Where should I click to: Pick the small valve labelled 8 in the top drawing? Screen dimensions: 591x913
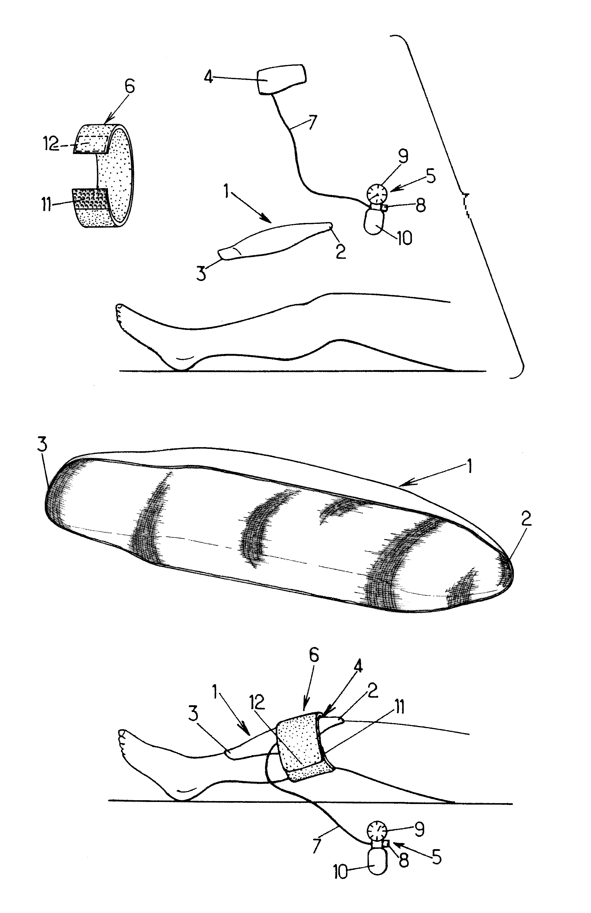pyautogui.click(x=385, y=208)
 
